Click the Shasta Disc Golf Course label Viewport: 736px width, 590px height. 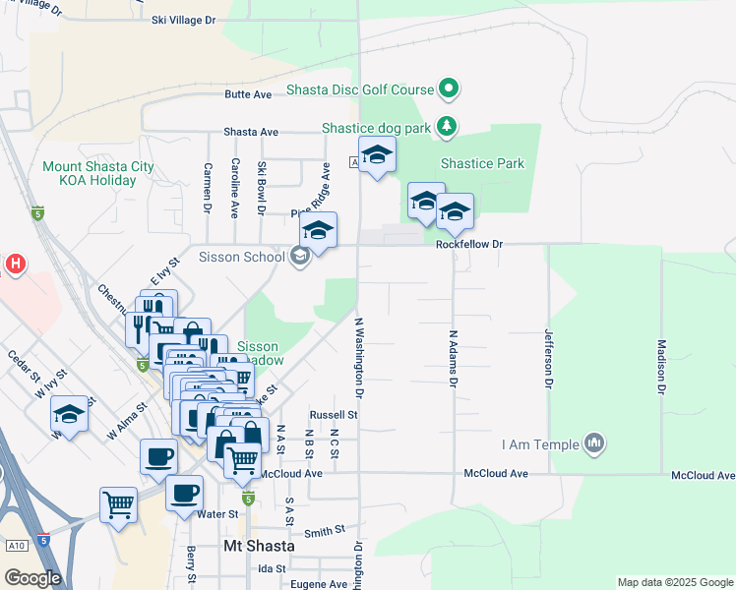[x=360, y=89]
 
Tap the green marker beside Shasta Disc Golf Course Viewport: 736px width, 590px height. [x=450, y=89]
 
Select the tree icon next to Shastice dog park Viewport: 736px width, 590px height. [x=448, y=127]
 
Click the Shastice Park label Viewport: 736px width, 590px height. [x=482, y=163]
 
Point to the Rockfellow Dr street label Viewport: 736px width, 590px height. [x=470, y=244]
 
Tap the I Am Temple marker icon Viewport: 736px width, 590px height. [x=593, y=444]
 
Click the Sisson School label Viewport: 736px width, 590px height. [x=242, y=257]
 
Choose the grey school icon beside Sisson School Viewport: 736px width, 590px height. [x=300, y=257]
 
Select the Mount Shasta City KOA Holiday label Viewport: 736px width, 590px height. [x=97, y=173]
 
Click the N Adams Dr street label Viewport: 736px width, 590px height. [x=455, y=357]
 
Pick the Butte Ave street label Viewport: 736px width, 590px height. [x=248, y=94]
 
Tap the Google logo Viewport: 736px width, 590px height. [x=32, y=578]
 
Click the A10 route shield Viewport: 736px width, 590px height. [x=16, y=545]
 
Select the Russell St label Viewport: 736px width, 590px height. [x=333, y=415]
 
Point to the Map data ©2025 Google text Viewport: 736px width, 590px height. [x=675, y=582]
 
